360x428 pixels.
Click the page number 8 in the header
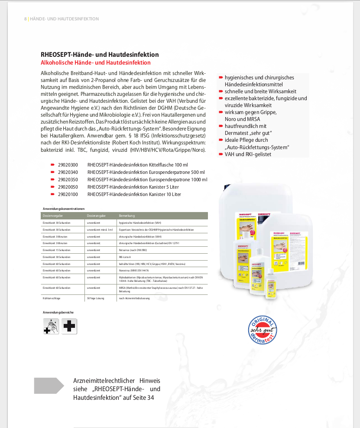point(26,19)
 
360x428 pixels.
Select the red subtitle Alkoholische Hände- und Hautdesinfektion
point(95,63)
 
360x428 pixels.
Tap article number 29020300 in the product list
point(68,165)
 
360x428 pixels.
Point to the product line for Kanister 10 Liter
point(134,194)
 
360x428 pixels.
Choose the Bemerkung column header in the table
point(127,216)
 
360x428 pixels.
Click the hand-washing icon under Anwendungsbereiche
point(52,326)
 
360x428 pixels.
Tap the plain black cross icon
point(69,326)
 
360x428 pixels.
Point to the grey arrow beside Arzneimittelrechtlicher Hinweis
point(49,386)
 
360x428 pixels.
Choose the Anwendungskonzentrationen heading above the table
point(63,209)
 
